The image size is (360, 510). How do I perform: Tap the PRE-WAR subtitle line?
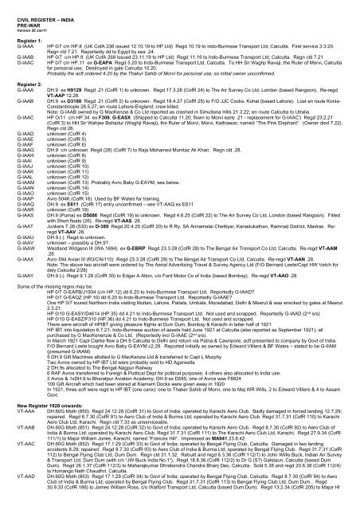pos(18,15)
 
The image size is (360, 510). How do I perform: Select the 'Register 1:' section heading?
pos(20,36)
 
